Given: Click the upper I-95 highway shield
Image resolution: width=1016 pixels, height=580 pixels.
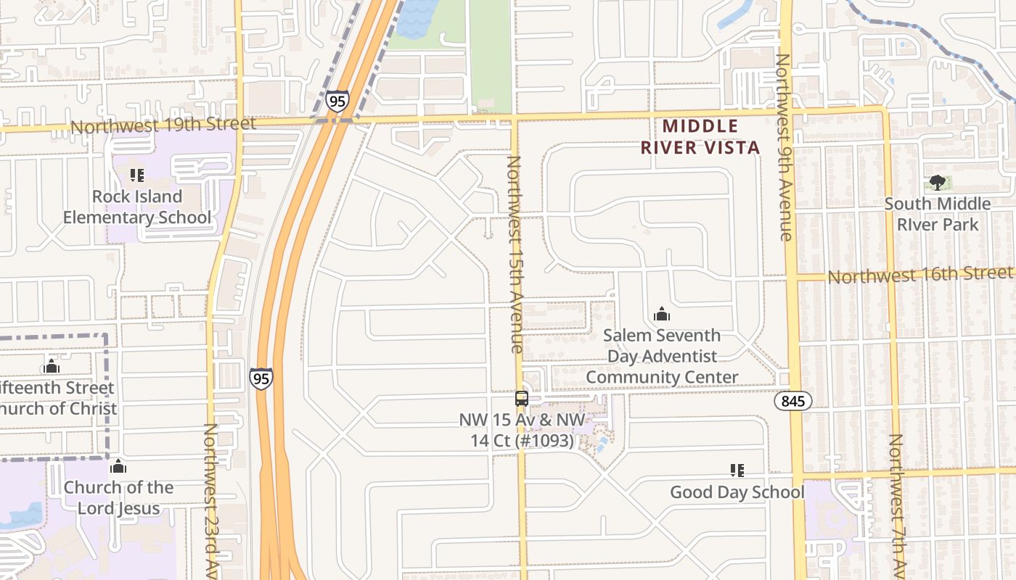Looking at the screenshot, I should tap(336, 101).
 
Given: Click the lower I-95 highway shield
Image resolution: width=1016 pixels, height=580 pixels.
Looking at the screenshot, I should tap(261, 378).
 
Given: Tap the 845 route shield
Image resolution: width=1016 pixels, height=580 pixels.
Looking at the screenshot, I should tap(792, 401).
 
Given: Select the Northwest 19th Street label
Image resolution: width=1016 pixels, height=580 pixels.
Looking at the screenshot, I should tap(163, 125).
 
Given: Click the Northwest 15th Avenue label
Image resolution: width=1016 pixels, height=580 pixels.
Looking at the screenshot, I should tap(514, 254).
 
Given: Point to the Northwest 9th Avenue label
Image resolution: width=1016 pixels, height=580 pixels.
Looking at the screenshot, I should tap(784, 147).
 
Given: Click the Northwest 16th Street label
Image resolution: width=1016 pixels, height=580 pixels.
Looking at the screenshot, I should tap(919, 275).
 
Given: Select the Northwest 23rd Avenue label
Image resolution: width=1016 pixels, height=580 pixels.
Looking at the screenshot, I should tap(210, 500).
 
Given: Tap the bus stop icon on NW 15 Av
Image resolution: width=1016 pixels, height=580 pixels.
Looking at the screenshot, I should tap(521, 398).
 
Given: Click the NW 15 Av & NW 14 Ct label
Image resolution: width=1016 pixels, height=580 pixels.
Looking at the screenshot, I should tap(521, 430).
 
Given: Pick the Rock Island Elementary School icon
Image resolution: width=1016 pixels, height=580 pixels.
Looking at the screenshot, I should tap(136, 175).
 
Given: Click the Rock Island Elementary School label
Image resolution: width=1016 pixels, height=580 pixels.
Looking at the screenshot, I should tap(136, 207).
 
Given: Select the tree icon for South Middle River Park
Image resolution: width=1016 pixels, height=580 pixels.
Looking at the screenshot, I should tap(937, 183).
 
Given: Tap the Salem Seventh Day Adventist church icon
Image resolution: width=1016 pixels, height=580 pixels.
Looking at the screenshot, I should tap(661, 314).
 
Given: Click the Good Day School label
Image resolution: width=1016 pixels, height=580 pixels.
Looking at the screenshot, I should tap(737, 492).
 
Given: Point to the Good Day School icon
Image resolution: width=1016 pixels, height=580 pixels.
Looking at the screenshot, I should tap(737, 471).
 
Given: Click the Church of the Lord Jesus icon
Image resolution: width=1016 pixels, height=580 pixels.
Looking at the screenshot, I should tap(118, 466).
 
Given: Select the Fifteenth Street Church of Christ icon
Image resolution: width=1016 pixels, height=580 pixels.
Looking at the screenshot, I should tap(51, 366).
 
